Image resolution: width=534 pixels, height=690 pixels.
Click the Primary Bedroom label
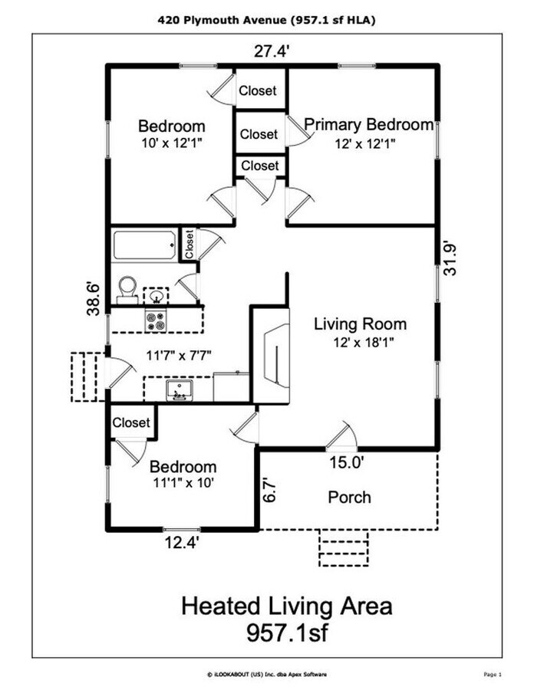tap(369, 125)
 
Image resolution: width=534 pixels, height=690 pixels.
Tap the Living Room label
tap(360, 324)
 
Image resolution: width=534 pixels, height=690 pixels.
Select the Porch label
tap(349, 497)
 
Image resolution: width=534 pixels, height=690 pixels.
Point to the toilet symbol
tap(127, 287)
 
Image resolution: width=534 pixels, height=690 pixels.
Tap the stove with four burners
tap(156, 320)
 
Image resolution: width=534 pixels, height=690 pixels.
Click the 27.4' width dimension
tap(272, 53)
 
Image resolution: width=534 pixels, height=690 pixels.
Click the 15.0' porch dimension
tap(346, 462)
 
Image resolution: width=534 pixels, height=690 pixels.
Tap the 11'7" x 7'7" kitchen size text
tap(179, 355)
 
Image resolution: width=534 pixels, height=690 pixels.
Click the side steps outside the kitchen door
tap(86, 376)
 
